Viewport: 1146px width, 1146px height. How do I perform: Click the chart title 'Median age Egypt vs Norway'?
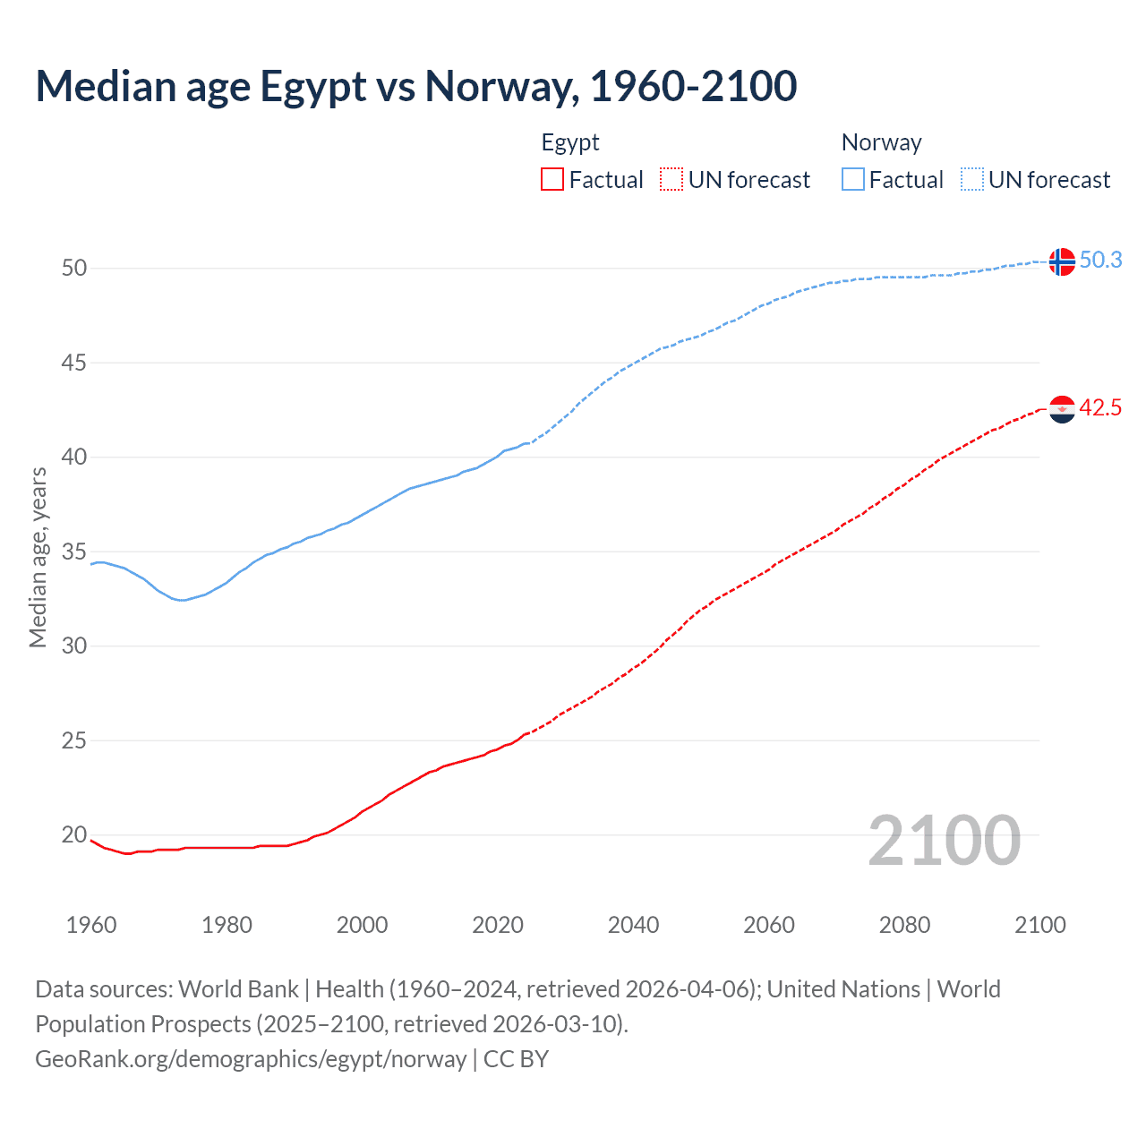(415, 86)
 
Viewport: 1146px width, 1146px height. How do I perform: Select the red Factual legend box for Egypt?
(552, 180)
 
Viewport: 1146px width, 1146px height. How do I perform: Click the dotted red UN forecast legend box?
(671, 180)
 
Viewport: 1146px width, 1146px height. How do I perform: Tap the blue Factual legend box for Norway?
(853, 180)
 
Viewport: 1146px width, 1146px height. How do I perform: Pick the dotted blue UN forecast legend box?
(972, 180)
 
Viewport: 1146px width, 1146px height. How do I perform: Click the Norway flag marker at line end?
(1062, 261)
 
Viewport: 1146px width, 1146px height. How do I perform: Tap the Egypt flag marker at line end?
(1062, 409)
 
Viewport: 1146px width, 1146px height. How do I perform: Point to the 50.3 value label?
(1100, 260)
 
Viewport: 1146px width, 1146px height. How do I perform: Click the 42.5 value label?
(1100, 408)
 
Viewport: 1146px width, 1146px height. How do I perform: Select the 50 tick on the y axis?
(74, 268)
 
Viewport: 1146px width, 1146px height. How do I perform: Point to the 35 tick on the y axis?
(74, 552)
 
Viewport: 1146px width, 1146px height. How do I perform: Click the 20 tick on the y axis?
(74, 835)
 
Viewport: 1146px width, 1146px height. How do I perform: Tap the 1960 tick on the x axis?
(91, 925)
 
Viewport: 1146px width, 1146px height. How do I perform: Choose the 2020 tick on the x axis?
(498, 925)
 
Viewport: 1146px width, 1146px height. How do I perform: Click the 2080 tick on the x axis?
(904, 925)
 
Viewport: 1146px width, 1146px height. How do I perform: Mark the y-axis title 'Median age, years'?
(38, 557)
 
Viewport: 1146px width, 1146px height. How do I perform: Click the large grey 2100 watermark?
(944, 840)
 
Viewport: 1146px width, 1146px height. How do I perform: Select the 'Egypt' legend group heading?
(570, 142)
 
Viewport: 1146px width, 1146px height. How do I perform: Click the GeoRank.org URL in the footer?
(251, 1059)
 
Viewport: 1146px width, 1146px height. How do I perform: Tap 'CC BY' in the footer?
(516, 1059)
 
